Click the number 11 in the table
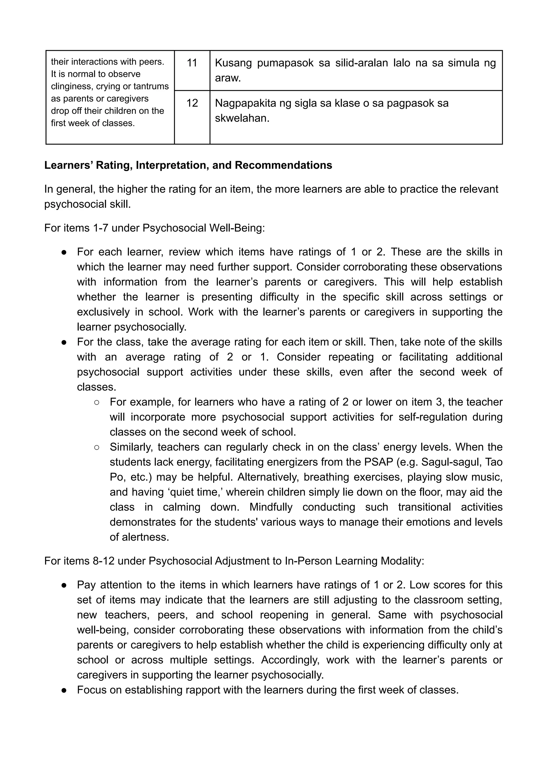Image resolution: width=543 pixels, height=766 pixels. (x=192, y=63)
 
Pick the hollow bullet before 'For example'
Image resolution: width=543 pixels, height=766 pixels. (x=96, y=402)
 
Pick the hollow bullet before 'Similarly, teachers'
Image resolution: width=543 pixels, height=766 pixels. (x=96, y=447)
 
